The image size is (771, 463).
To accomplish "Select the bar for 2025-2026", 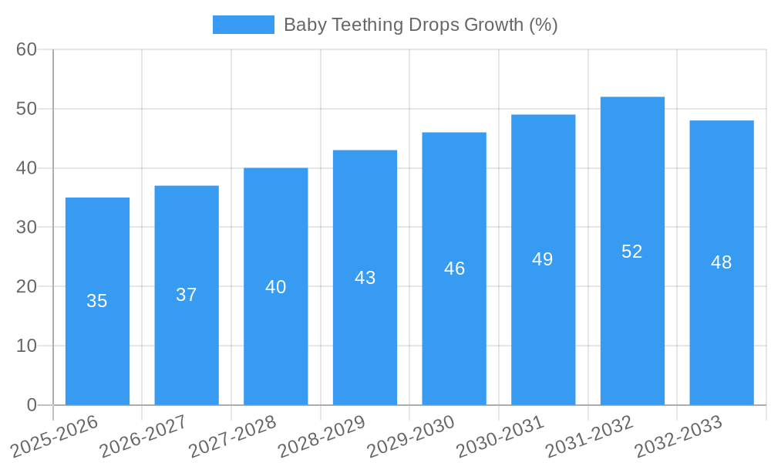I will coord(97,301).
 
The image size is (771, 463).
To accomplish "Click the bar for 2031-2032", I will coord(632,251).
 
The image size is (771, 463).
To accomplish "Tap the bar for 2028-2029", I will coord(365,278).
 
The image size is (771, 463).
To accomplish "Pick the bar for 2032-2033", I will coord(722,262).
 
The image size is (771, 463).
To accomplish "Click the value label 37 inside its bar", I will coord(187,295).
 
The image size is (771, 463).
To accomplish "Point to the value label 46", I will coord(454,269).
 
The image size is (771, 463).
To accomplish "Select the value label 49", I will coord(543,259).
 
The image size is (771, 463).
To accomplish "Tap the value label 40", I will coord(276,287).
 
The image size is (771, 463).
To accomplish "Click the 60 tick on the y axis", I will coord(26,49).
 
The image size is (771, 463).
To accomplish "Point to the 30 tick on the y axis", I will coord(26,227).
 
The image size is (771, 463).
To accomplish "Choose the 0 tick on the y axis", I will coord(32,405).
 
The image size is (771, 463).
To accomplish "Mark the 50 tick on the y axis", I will coord(26,109).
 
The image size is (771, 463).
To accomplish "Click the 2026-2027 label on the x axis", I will coord(143,436).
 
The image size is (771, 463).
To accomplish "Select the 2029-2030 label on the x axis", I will coord(410,436).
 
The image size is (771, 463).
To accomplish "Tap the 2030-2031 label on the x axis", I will coord(500,436).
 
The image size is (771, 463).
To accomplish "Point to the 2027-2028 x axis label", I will coord(232,436).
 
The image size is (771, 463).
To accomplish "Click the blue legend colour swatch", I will coord(244,25).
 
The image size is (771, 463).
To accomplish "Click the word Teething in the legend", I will coord(366,25).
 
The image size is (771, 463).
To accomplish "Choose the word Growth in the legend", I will coord(494,25).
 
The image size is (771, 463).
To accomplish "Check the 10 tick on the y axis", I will coord(26,346).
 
